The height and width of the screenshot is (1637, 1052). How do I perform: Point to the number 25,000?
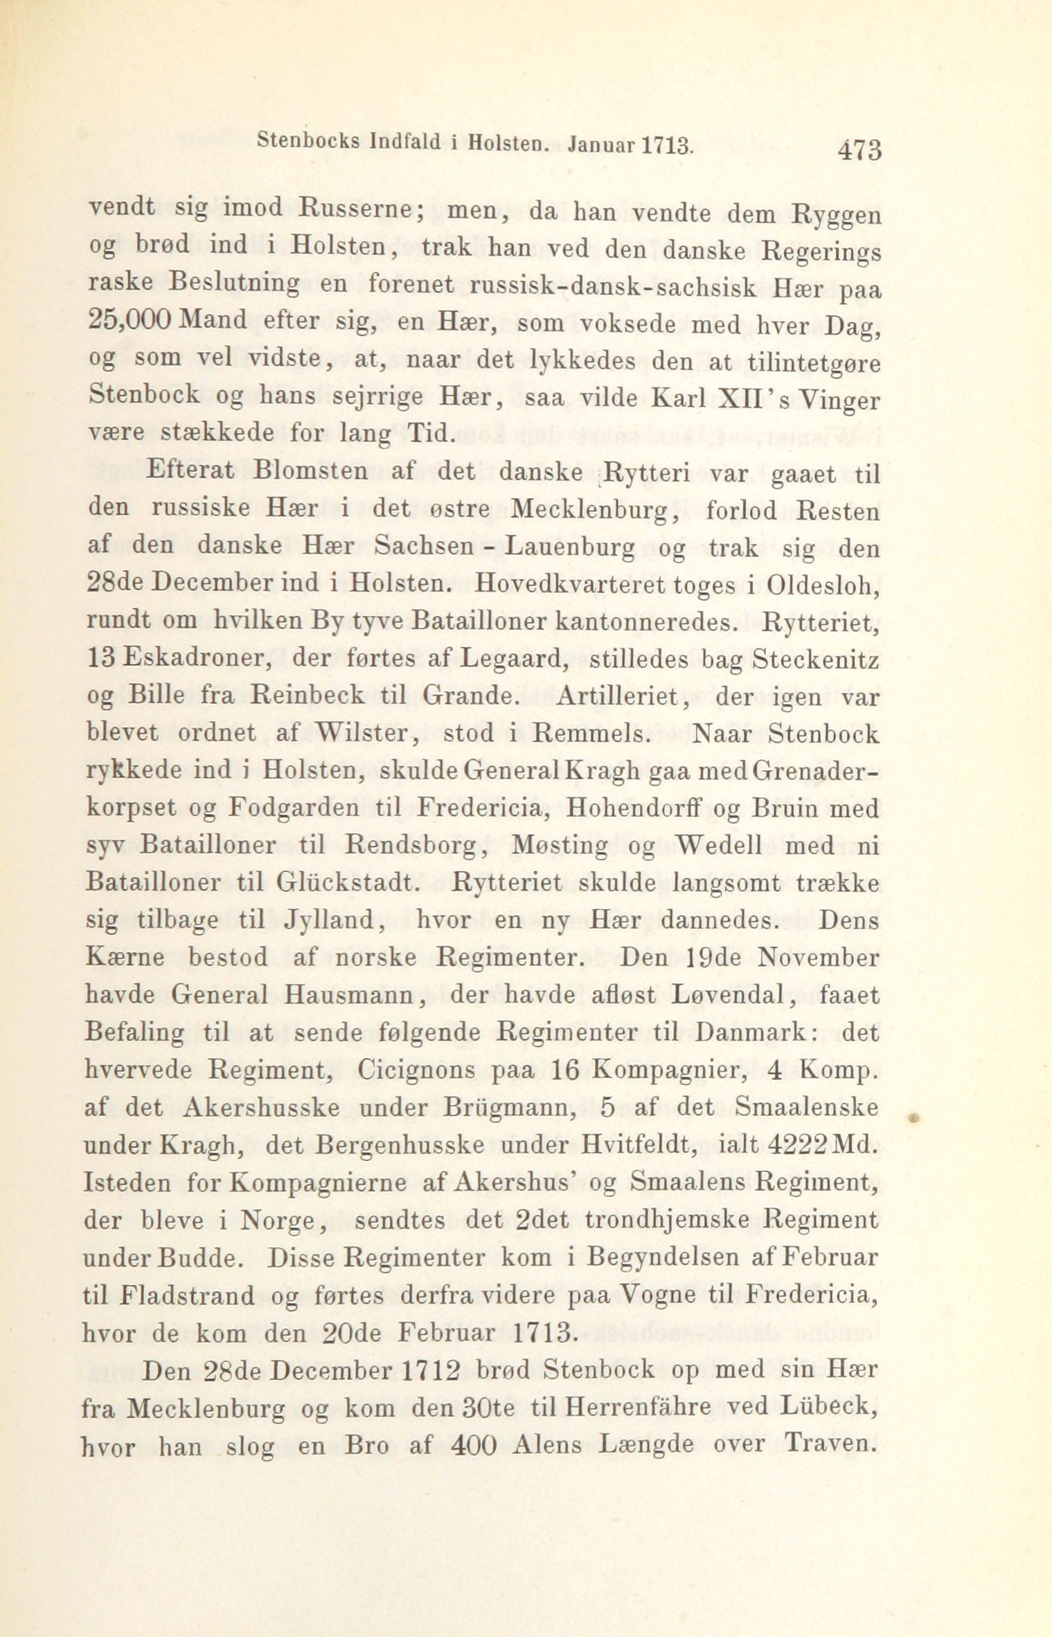click(129, 321)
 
